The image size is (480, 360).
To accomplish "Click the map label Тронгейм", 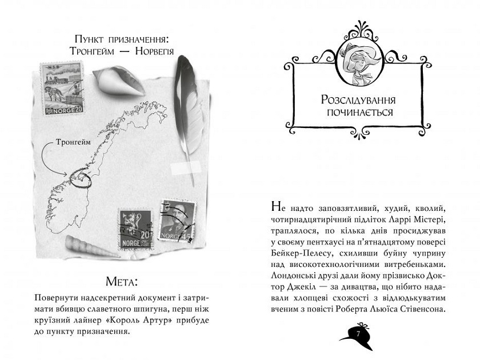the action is click(73, 142).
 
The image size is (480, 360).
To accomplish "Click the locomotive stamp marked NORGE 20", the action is click(62, 89).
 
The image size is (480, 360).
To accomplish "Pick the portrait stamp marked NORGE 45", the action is click(178, 221).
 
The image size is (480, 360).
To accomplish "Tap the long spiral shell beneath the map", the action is click(92, 247).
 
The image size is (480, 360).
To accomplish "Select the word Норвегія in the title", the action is click(154, 51).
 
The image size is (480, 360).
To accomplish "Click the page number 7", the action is click(358, 333).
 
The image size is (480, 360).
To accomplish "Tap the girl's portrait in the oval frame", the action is click(361, 63).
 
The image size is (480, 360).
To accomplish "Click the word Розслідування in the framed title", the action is click(358, 100).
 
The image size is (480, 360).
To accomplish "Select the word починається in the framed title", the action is click(359, 113).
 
